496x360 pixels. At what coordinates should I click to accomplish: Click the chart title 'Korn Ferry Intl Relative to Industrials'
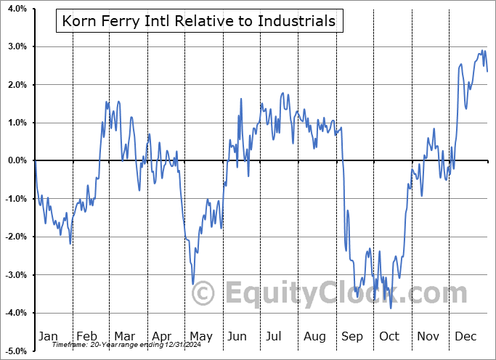tap(199, 21)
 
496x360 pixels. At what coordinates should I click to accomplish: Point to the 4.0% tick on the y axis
tap(15, 9)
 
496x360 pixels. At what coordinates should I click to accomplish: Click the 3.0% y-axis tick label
tap(15, 46)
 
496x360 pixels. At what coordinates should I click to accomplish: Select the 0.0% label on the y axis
tap(15, 160)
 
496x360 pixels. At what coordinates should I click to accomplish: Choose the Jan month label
tap(48, 336)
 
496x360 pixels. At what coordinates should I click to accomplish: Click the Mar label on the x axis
tap(124, 336)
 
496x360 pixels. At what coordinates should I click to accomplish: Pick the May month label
tap(200, 336)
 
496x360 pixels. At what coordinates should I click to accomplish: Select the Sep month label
tap(352, 336)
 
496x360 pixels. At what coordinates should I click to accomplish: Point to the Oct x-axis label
tap(389, 336)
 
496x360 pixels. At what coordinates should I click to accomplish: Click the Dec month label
tap(466, 336)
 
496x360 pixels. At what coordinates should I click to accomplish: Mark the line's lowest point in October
tap(391, 308)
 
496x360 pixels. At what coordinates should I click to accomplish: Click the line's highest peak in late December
tap(482, 50)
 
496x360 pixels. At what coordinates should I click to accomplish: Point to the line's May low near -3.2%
tap(192, 284)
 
